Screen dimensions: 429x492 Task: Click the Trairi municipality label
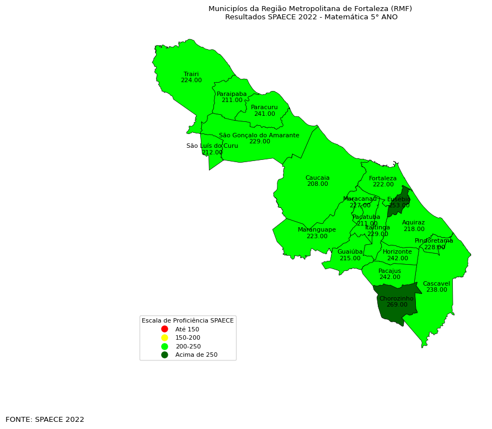pyautogui.click(x=191, y=74)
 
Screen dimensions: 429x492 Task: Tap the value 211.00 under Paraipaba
pyautogui.click(x=232, y=100)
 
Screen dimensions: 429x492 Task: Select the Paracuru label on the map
pyautogui.click(x=264, y=107)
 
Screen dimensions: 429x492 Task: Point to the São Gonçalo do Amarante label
pyautogui.click(x=259, y=135)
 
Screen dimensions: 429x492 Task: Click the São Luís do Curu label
pyautogui.click(x=212, y=146)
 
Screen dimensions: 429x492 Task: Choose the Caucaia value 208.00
pyautogui.click(x=317, y=184)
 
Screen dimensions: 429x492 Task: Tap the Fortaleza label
pyautogui.click(x=382, y=178)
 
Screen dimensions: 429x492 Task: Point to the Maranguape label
pyautogui.click(x=317, y=229)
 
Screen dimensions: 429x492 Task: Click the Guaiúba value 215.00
pyautogui.click(x=350, y=258)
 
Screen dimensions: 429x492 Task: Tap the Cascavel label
pyautogui.click(x=436, y=283)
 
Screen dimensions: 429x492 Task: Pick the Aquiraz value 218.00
pyautogui.click(x=414, y=229)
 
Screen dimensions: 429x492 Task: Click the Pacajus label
pyautogui.click(x=389, y=271)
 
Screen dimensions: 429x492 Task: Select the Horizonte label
pyautogui.click(x=397, y=251)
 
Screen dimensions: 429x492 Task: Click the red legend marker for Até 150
pyautogui.click(x=164, y=329)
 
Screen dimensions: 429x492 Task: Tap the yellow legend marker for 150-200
pyautogui.click(x=164, y=337)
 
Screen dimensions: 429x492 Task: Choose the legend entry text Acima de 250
pyautogui.click(x=196, y=355)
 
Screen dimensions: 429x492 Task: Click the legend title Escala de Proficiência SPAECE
pyautogui.click(x=188, y=320)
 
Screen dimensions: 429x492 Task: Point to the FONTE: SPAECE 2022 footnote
pyautogui.click(x=45, y=420)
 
